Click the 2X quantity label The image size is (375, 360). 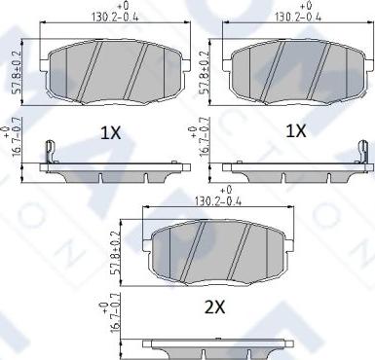215,306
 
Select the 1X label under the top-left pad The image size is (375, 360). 110,133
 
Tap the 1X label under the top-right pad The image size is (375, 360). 296,131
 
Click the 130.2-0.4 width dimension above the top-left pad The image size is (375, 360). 115,18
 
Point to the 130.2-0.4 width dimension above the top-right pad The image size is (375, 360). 298,18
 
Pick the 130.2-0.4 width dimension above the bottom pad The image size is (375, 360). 218,201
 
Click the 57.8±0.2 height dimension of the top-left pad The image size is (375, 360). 17,72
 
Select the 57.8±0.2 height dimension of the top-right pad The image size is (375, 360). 205,72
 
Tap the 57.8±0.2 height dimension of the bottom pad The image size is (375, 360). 116,253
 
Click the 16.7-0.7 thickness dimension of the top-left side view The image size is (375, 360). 17,136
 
